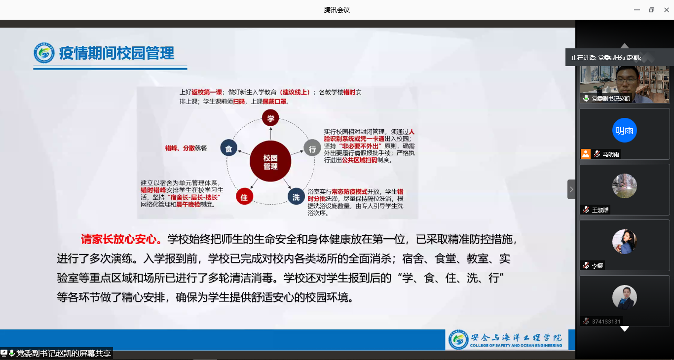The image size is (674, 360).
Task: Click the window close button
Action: click(x=666, y=10)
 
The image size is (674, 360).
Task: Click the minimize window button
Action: click(x=637, y=10)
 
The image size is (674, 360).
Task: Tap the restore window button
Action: click(x=651, y=10)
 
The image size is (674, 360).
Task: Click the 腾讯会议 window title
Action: click(x=337, y=10)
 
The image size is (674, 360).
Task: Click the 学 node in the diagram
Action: click(x=270, y=118)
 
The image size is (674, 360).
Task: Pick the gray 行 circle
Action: click(x=312, y=148)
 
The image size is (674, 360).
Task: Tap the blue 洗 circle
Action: click(x=296, y=197)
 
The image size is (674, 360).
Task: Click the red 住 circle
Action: click(x=244, y=197)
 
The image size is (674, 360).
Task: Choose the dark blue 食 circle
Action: click(x=229, y=148)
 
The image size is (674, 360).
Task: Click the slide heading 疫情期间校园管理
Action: click(x=116, y=53)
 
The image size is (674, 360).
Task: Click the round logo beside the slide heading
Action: click(x=44, y=53)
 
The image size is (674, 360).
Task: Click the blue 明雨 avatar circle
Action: click(x=624, y=131)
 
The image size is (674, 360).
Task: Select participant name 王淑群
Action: click(x=600, y=210)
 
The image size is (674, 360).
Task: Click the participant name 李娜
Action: click(x=598, y=266)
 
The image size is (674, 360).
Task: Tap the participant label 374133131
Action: click(x=606, y=322)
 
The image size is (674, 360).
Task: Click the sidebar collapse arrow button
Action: click(x=571, y=189)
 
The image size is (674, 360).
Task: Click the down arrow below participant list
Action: click(x=625, y=329)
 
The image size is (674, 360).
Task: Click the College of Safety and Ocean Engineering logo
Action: click(x=459, y=339)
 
